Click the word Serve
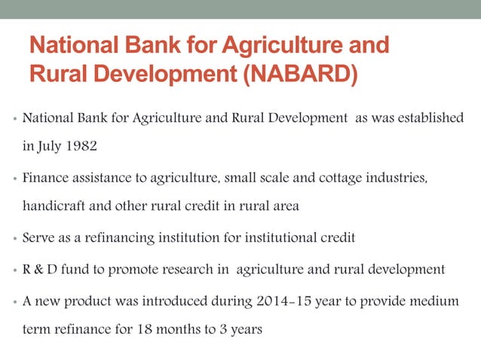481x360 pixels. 39,238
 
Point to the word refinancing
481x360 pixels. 112,238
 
